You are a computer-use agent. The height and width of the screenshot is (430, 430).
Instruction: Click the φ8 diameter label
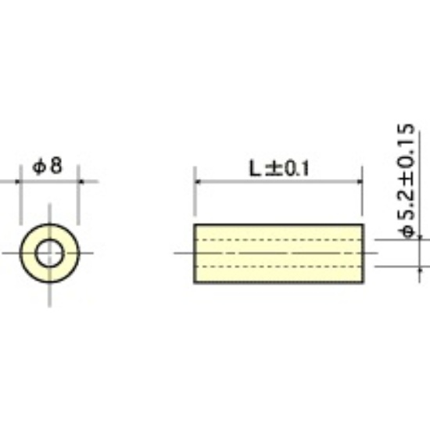(x=48, y=166)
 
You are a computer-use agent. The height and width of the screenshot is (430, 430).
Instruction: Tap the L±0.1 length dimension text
(x=279, y=168)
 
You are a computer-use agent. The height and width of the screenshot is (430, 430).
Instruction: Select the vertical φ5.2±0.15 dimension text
(x=406, y=181)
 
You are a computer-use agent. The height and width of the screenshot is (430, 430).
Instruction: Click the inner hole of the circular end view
(x=49, y=253)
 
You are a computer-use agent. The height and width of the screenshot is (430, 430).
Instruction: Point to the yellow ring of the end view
(x=28, y=253)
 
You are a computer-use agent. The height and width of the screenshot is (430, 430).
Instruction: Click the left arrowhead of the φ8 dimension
(x=18, y=181)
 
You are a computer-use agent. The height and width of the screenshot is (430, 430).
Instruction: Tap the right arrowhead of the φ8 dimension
(x=81, y=181)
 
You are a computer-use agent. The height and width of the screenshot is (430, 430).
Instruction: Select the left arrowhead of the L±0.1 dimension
(x=198, y=181)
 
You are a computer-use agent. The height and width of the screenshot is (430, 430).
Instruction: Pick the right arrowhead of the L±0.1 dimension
(x=360, y=181)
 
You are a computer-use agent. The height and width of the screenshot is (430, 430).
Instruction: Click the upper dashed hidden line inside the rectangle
(x=278, y=240)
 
